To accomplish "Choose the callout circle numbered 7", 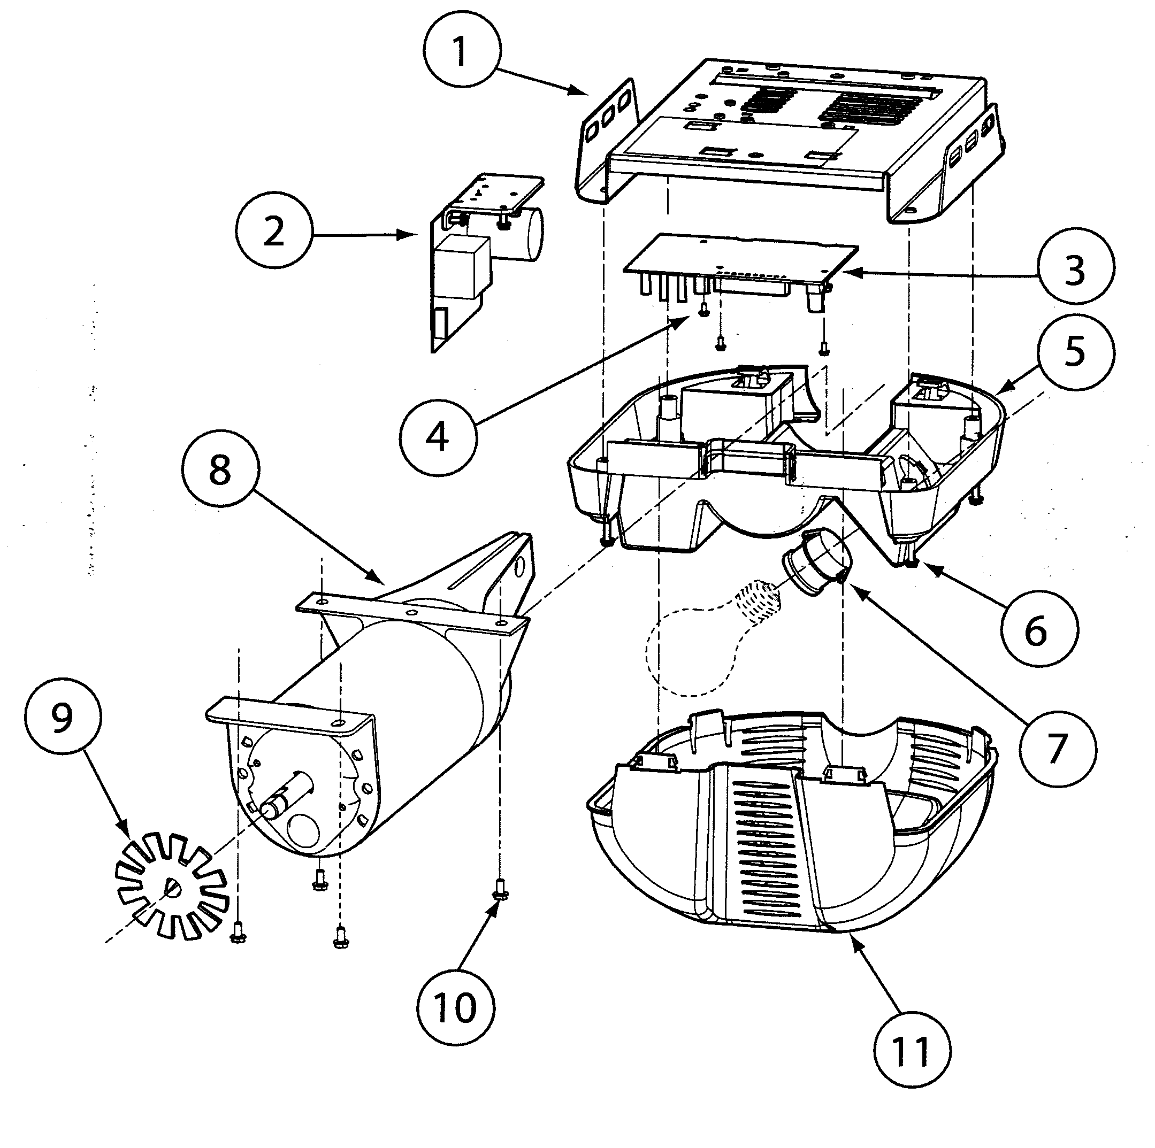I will tap(1057, 747).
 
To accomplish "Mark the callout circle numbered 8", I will tap(220, 468).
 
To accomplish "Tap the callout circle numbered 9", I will tap(63, 716).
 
